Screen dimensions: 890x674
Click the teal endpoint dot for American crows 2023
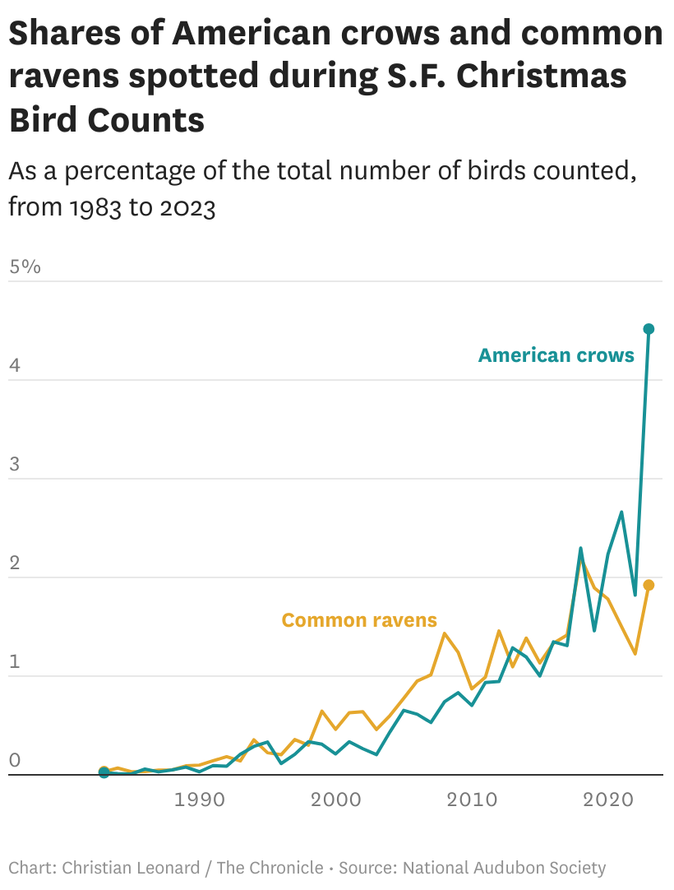[x=649, y=329]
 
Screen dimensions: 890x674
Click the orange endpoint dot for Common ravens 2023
[x=649, y=585]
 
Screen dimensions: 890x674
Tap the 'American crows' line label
[x=556, y=355]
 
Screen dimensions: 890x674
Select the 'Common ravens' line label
[x=359, y=620]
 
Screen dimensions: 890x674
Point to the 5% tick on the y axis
[x=25, y=267]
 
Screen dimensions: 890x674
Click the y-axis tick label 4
[x=14, y=365]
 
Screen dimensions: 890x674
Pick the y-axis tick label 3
[x=14, y=464]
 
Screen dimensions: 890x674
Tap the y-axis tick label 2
[x=14, y=563]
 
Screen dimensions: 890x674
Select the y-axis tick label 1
[x=14, y=661]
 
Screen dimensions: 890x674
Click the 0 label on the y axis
[x=14, y=760]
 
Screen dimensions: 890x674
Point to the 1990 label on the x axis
[x=199, y=800]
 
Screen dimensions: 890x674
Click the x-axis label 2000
[x=335, y=800]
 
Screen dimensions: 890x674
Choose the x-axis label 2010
[x=471, y=800]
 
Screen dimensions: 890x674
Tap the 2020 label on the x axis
[x=607, y=800]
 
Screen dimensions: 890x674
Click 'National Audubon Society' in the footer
[x=504, y=867]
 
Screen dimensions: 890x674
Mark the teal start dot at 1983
[x=104, y=773]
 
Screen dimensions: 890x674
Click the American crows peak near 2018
[x=580, y=548]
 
